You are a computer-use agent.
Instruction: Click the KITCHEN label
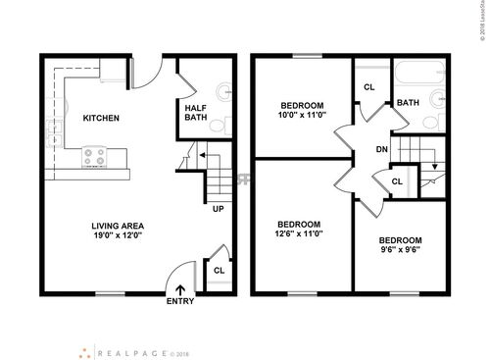tap(100, 118)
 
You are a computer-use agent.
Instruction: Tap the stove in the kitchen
tap(95, 154)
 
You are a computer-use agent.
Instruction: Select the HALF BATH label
tap(195, 113)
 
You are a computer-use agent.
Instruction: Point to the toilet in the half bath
tap(224, 126)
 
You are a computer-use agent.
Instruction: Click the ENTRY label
tap(180, 301)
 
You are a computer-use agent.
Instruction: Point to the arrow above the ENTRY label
tap(180, 287)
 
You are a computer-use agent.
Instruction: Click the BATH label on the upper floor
tap(409, 102)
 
